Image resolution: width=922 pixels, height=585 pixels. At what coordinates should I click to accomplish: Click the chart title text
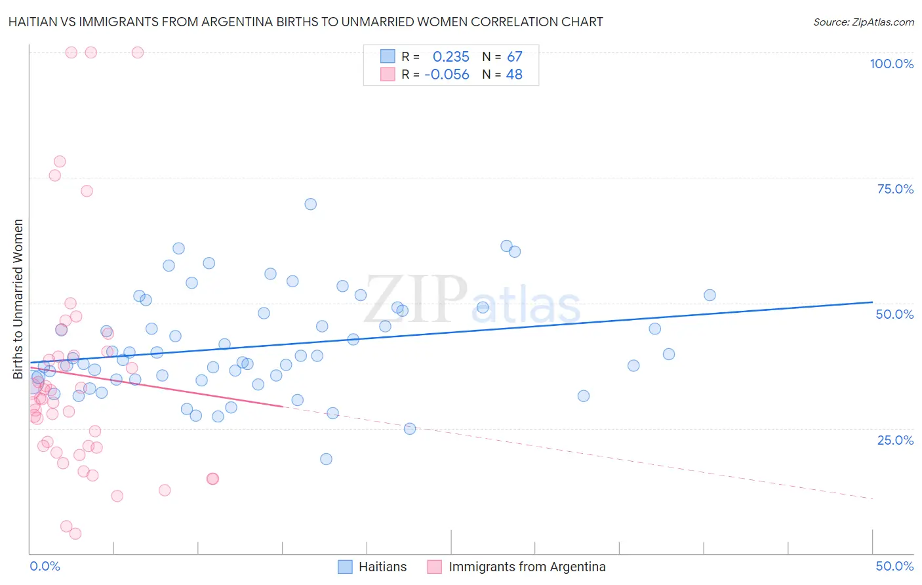(x=306, y=22)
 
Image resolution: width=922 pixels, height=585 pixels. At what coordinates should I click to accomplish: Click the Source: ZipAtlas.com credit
(x=863, y=22)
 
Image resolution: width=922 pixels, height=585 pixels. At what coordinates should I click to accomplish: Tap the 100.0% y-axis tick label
(x=891, y=64)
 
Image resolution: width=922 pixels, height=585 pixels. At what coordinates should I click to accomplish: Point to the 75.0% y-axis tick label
(x=895, y=189)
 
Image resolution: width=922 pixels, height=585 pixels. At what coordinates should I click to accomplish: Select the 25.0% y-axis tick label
(x=895, y=439)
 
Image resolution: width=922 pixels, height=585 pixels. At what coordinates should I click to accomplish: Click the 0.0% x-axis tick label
(x=45, y=566)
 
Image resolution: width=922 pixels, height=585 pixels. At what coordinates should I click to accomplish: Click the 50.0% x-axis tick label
(x=894, y=566)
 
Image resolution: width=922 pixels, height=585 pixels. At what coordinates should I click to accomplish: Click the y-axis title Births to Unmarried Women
(x=18, y=299)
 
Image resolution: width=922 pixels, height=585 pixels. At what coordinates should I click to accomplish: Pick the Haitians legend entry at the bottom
(x=372, y=567)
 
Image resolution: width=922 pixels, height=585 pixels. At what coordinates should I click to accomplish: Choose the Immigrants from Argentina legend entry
(x=517, y=567)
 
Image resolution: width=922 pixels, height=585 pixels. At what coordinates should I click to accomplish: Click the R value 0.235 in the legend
(x=451, y=57)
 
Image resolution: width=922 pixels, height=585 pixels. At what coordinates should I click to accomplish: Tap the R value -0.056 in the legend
(x=447, y=75)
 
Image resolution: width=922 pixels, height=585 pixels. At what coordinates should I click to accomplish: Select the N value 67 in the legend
(x=514, y=57)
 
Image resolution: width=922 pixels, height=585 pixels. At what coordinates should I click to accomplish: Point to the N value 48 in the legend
(x=514, y=75)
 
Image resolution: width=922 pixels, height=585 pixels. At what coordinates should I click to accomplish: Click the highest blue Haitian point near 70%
(x=311, y=204)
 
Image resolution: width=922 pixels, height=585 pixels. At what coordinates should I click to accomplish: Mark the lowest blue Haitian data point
(x=326, y=459)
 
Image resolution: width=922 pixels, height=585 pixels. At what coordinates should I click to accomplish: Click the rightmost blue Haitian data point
(x=710, y=295)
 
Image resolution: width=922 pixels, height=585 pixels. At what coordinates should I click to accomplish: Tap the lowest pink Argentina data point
(x=75, y=534)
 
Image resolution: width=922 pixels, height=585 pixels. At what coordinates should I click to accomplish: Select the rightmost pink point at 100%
(x=138, y=52)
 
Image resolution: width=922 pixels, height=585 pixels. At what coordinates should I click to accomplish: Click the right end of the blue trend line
(x=872, y=302)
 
